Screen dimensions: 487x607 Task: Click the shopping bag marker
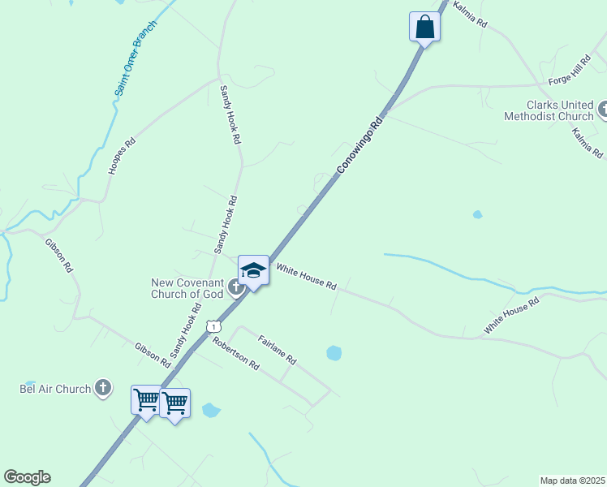[424, 27]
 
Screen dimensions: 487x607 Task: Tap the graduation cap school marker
[253, 271]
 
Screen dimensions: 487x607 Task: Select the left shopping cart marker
[147, 400]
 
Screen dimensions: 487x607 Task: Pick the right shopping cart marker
[175, 403]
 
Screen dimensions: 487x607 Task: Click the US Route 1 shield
[213, 325]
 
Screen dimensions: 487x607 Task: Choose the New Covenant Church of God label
[187, 288]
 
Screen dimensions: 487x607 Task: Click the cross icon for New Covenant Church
[236, 287]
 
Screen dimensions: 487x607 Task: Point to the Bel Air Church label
[55, 389]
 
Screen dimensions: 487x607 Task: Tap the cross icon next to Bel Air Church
[102, 389]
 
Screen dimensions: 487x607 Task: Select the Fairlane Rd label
[277, 349]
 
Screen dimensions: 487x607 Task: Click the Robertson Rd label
[235, 353]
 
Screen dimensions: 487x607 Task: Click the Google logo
[27, 477]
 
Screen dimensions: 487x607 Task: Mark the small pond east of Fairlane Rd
[334, 353]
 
